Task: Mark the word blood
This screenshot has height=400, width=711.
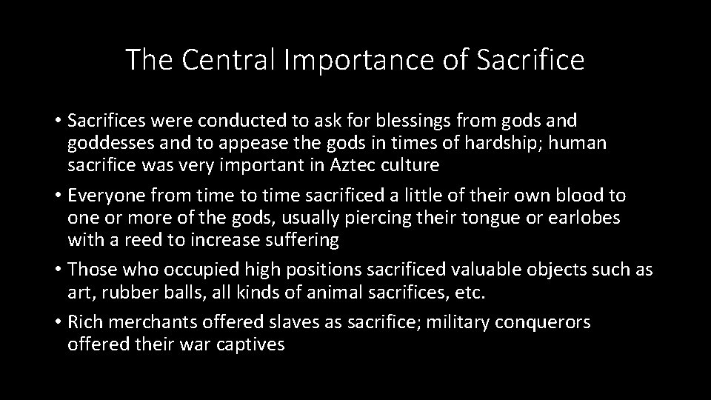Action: point(576,196)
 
